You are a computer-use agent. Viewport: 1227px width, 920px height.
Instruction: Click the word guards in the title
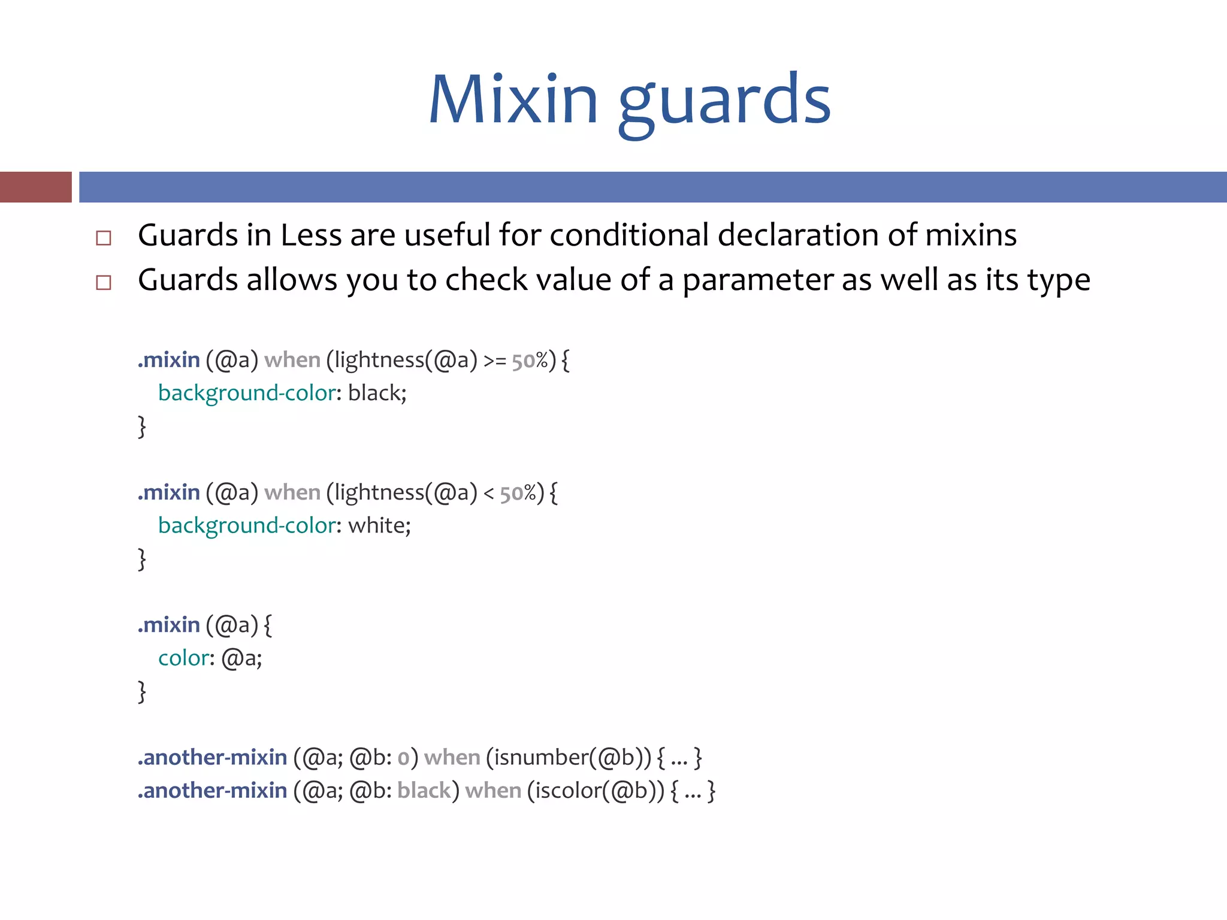tap(724, 102)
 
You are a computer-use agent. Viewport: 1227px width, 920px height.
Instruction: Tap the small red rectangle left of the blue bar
tap(35, 187)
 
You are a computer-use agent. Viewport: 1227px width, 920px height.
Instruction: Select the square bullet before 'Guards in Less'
tap(104, 238)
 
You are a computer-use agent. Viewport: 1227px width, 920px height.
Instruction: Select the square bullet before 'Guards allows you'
tap(104, 282)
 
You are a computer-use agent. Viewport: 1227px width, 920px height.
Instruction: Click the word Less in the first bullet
tap(311, 235)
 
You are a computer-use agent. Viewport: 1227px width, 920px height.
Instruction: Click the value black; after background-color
tap(377, 394)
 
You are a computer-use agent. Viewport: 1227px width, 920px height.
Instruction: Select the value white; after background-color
tap(379, 526)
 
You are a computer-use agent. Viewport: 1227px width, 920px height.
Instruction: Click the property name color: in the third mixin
tap(186, 658)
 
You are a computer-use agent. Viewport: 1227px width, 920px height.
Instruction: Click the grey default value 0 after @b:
tap(403, 758)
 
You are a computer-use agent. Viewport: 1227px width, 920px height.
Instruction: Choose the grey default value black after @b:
tap(424, 791)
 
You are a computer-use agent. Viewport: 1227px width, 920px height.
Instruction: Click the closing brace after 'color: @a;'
tap(142, 692)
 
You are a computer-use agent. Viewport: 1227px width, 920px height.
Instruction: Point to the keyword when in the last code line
tap(493, 791)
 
